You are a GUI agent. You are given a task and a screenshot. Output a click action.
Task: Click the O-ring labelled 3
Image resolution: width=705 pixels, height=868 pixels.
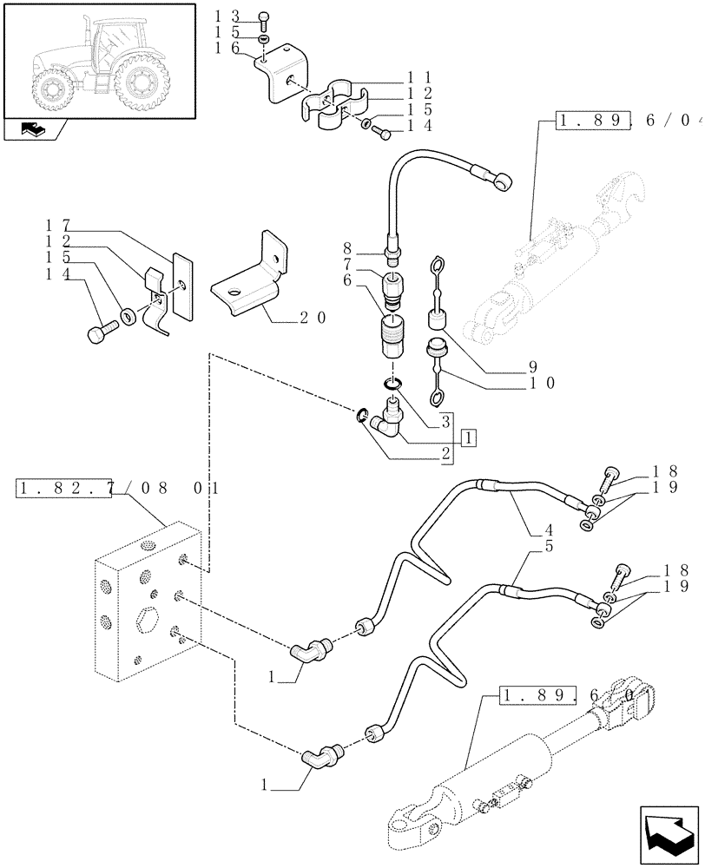click(392, 385)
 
